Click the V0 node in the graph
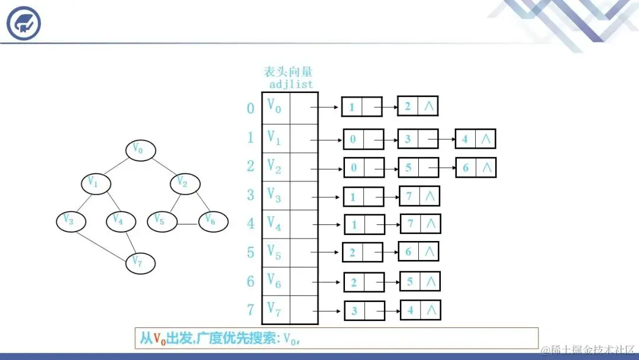tap(140, 150)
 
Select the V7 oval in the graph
tap(140, 262)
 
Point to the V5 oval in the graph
tap(162, 221)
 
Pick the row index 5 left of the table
tap(251, 253)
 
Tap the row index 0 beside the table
tap(251, 108)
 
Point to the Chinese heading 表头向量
tap(288, 72)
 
